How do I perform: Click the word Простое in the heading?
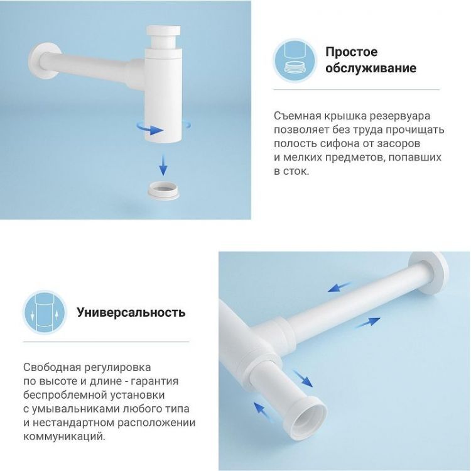coord(351,52)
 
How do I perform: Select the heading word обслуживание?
coord(371,68)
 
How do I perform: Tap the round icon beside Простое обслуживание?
coord(294,60)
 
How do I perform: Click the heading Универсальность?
coord(131,312)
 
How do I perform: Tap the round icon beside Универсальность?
coord(45,312)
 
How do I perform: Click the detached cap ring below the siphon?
coord(163,188)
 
